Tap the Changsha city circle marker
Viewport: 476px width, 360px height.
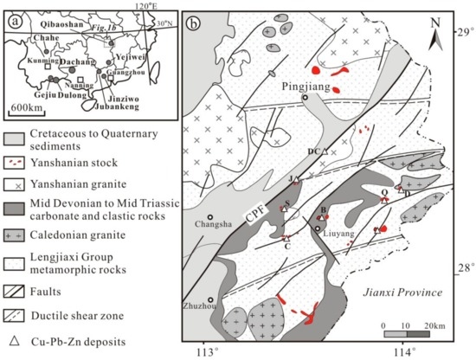click(x=210, y=217)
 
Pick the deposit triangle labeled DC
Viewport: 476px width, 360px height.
click(x=325, y=151)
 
